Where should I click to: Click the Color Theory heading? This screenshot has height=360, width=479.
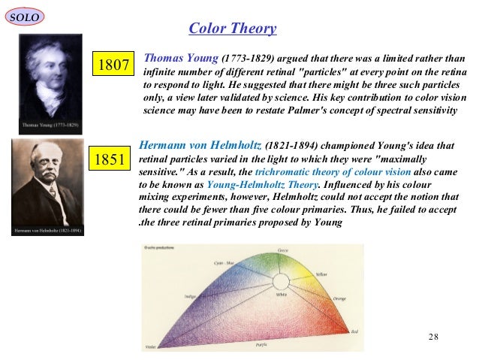[x=233, y=29]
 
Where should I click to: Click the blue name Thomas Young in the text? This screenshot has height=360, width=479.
[x=181, y=57]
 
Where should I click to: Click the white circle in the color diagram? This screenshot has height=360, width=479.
[x=281, y=283]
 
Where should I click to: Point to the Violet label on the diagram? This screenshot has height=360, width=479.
[x=149, y=347]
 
